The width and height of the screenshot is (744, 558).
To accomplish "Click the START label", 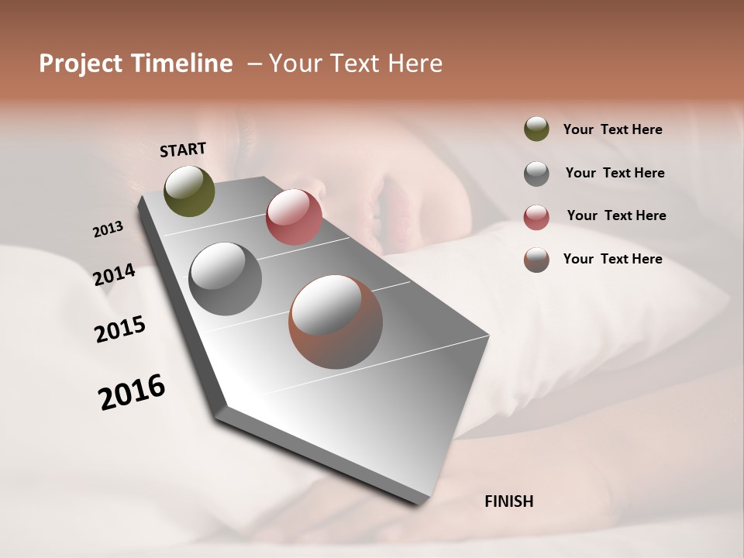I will (x=183, y=149).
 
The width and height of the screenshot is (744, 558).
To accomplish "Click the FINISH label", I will (x=508, y=501).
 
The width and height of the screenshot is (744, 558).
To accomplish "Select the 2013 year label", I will (x=108, y=229).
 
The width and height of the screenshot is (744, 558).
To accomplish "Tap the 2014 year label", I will (x=115, y=274).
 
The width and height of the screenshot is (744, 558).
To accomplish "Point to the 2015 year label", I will (x=120, y=329).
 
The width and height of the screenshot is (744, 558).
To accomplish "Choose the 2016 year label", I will (x=132, y=392).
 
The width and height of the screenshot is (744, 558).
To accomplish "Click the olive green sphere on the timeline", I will (x=189, y=191).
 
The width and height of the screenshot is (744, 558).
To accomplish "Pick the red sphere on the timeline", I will (x=294, y=217).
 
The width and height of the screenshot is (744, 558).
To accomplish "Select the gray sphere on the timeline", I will (x=225, y=279).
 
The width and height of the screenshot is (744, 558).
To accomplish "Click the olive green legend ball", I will (x=536, y=129).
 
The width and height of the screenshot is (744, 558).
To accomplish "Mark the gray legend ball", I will (x=536, y=174).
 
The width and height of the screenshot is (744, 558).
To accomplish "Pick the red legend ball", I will (x=536, y=217).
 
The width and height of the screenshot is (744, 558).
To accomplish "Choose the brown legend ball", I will (x=536, y=260).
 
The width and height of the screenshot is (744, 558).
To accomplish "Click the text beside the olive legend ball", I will (x=612, y=129).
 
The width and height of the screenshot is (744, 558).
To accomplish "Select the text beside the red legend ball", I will (x=616, y=215).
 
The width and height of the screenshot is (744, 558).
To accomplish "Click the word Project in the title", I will (x=81, y=64).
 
